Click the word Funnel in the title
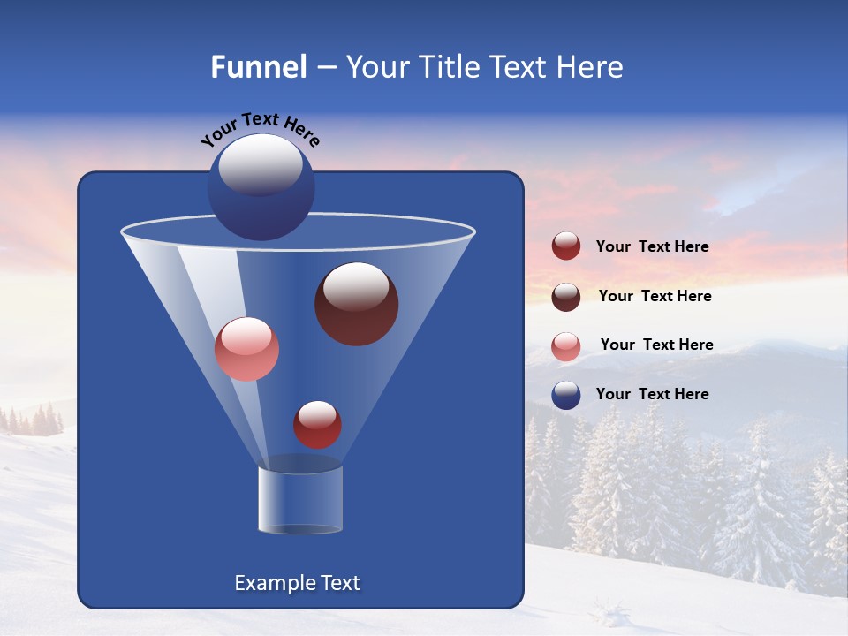tap(258, 67)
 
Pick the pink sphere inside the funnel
tap(246, 349)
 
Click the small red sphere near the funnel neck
tap(317, 425)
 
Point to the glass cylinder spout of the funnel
tap(299, 499)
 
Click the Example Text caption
tap(297, 583)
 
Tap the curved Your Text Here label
tap(260, 129)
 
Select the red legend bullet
tap(566, 246)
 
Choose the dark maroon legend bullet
tap(566, 296)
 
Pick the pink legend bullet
tap(566, 345)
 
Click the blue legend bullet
tap(566, 395)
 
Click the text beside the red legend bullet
tap(652, 246)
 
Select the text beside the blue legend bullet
tap(652, 394)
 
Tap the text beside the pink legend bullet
tap(656, 344)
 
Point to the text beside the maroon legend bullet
tap(655, 296)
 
